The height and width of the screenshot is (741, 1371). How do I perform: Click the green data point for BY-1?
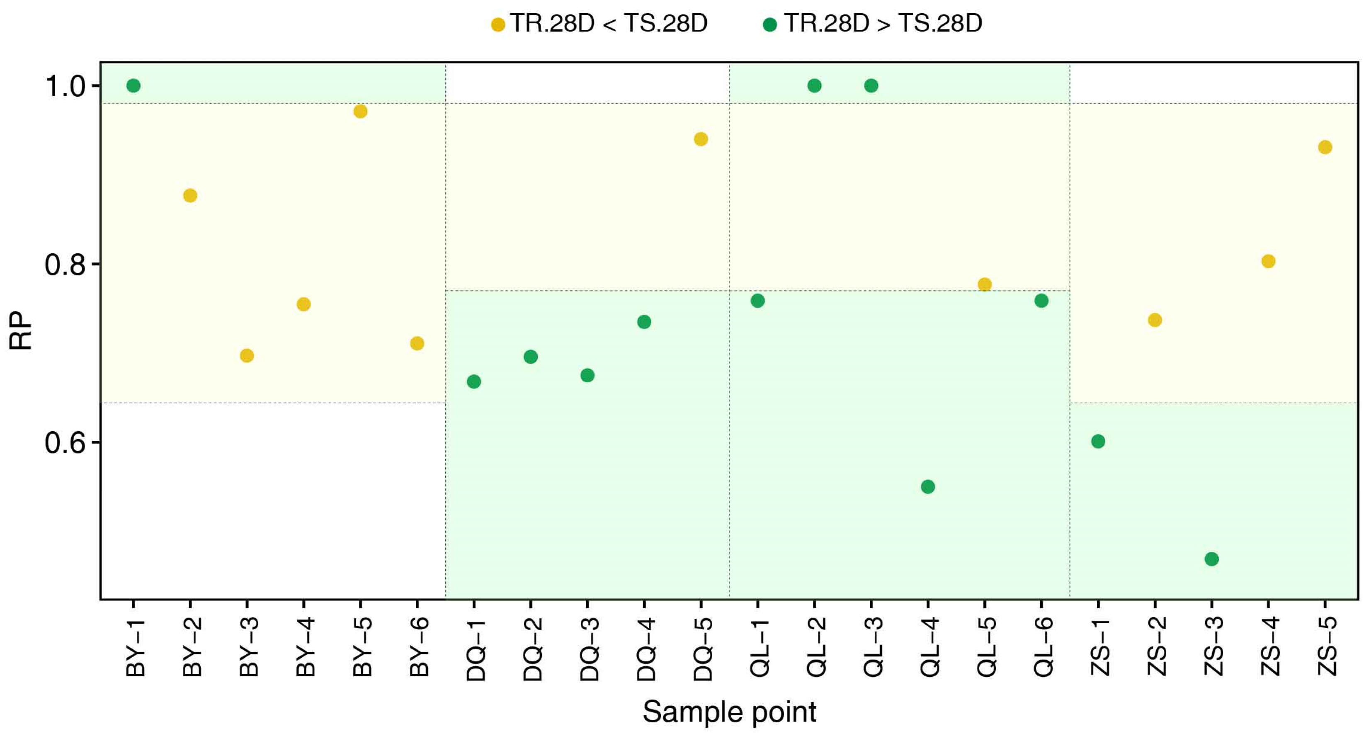[x=133, y=86]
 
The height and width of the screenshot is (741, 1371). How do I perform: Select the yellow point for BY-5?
[x=360, y=111]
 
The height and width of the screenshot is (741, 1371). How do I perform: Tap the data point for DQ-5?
[x=701, y=139]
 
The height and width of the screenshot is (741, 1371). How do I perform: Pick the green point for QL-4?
[x=928, y=486]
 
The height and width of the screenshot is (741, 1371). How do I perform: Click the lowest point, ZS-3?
[x=1211, y=559]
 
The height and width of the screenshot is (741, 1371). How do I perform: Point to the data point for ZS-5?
[x=1325, y=147]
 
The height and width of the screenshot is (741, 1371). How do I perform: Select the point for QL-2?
[x=814, y=86]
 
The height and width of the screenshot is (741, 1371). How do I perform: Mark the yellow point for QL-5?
[x=985, y=284]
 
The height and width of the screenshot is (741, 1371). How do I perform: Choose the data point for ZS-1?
[x=1098, y=441]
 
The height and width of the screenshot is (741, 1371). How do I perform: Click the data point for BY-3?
[x=247, y=356]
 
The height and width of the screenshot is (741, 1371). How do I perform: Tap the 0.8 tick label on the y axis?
[x=65, y=265]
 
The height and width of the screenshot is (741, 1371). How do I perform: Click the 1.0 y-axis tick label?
[x=65, y=86]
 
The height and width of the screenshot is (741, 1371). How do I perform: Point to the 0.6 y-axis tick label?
[x=65, y=443]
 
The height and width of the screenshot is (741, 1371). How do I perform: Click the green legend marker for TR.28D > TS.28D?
[x=769, y=24]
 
